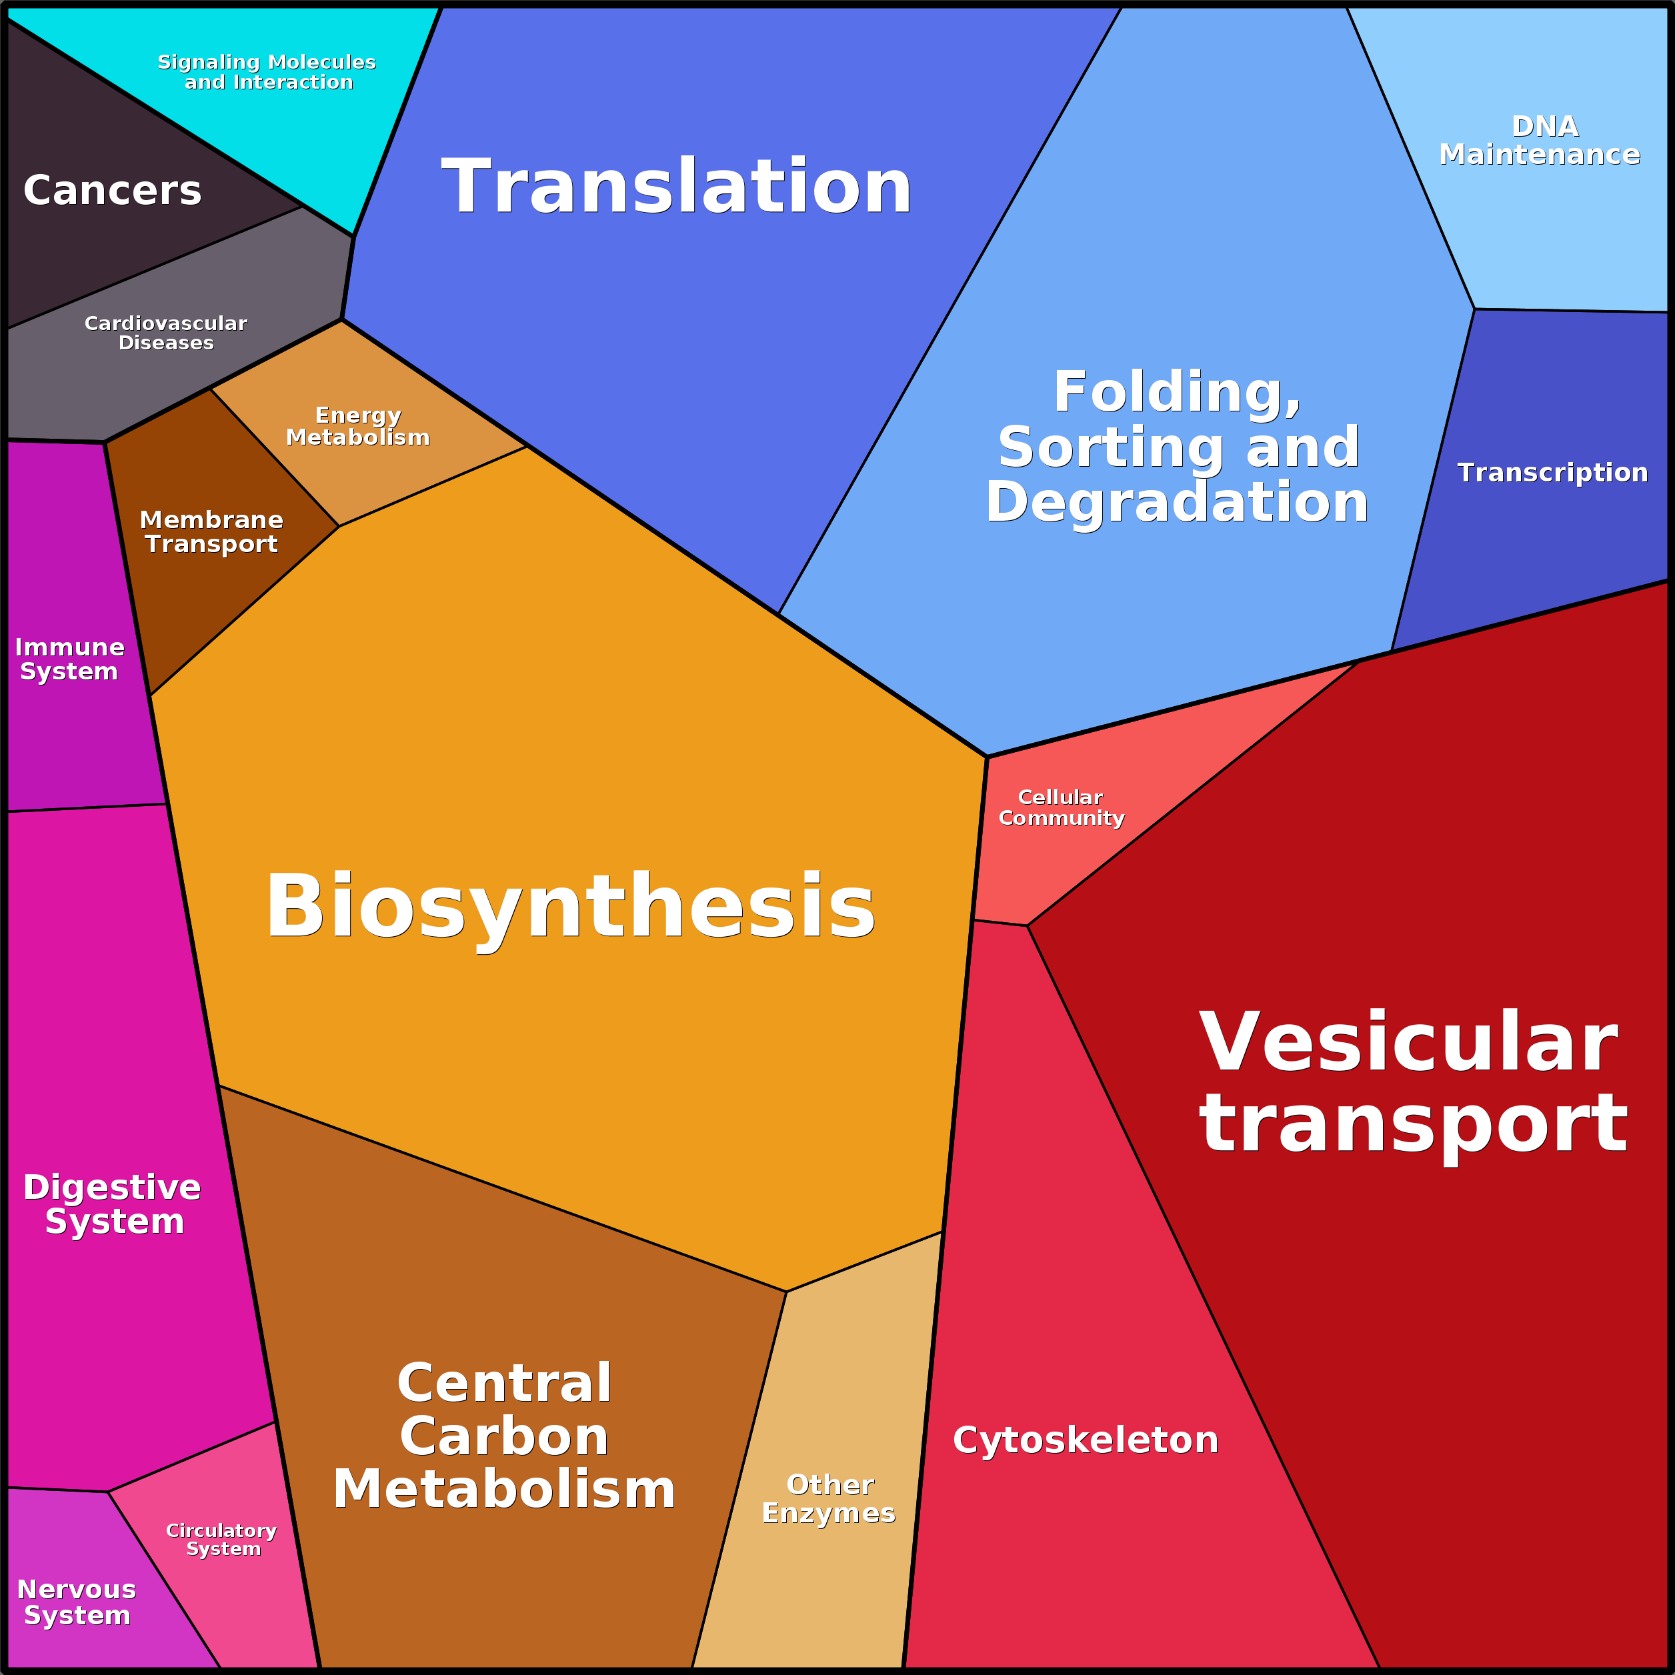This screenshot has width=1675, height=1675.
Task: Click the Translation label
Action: [x=676, y=187]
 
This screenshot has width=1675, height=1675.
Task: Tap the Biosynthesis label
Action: [x=569, y=906]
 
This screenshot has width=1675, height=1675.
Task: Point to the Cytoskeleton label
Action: [x=1086, y=1440]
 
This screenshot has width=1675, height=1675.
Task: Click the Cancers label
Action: [x=112, y=190]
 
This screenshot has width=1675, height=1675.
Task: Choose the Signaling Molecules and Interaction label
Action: [x=267, y=72]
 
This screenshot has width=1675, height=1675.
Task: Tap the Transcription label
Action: [x=1552, y=473]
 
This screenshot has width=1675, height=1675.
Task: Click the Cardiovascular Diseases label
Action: [x=165, y=333]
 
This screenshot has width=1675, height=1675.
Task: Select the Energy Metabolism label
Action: [x=358, y=425]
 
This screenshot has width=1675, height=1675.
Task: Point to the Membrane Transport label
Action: [x=211, y=531]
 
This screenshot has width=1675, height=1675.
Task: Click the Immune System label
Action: [x=69, y=659]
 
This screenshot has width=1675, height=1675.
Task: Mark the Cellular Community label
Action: [x=1061, y=807]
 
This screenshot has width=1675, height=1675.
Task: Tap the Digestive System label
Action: [x=113, y=1204]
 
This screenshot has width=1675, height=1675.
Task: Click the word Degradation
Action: [x=1176, y=502]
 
